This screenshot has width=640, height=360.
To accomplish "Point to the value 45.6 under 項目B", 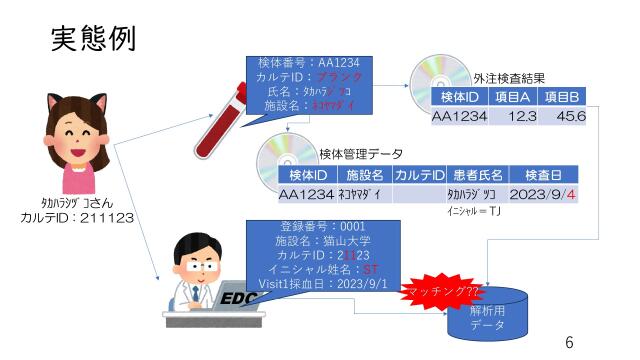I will pos(571,117).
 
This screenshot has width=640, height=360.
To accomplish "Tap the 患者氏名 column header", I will pos(476,175).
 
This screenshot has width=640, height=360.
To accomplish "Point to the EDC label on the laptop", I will pos(237,299).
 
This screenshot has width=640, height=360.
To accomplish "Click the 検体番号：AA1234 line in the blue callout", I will pos(304,62).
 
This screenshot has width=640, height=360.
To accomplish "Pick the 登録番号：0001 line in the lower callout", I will pos(318,226).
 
